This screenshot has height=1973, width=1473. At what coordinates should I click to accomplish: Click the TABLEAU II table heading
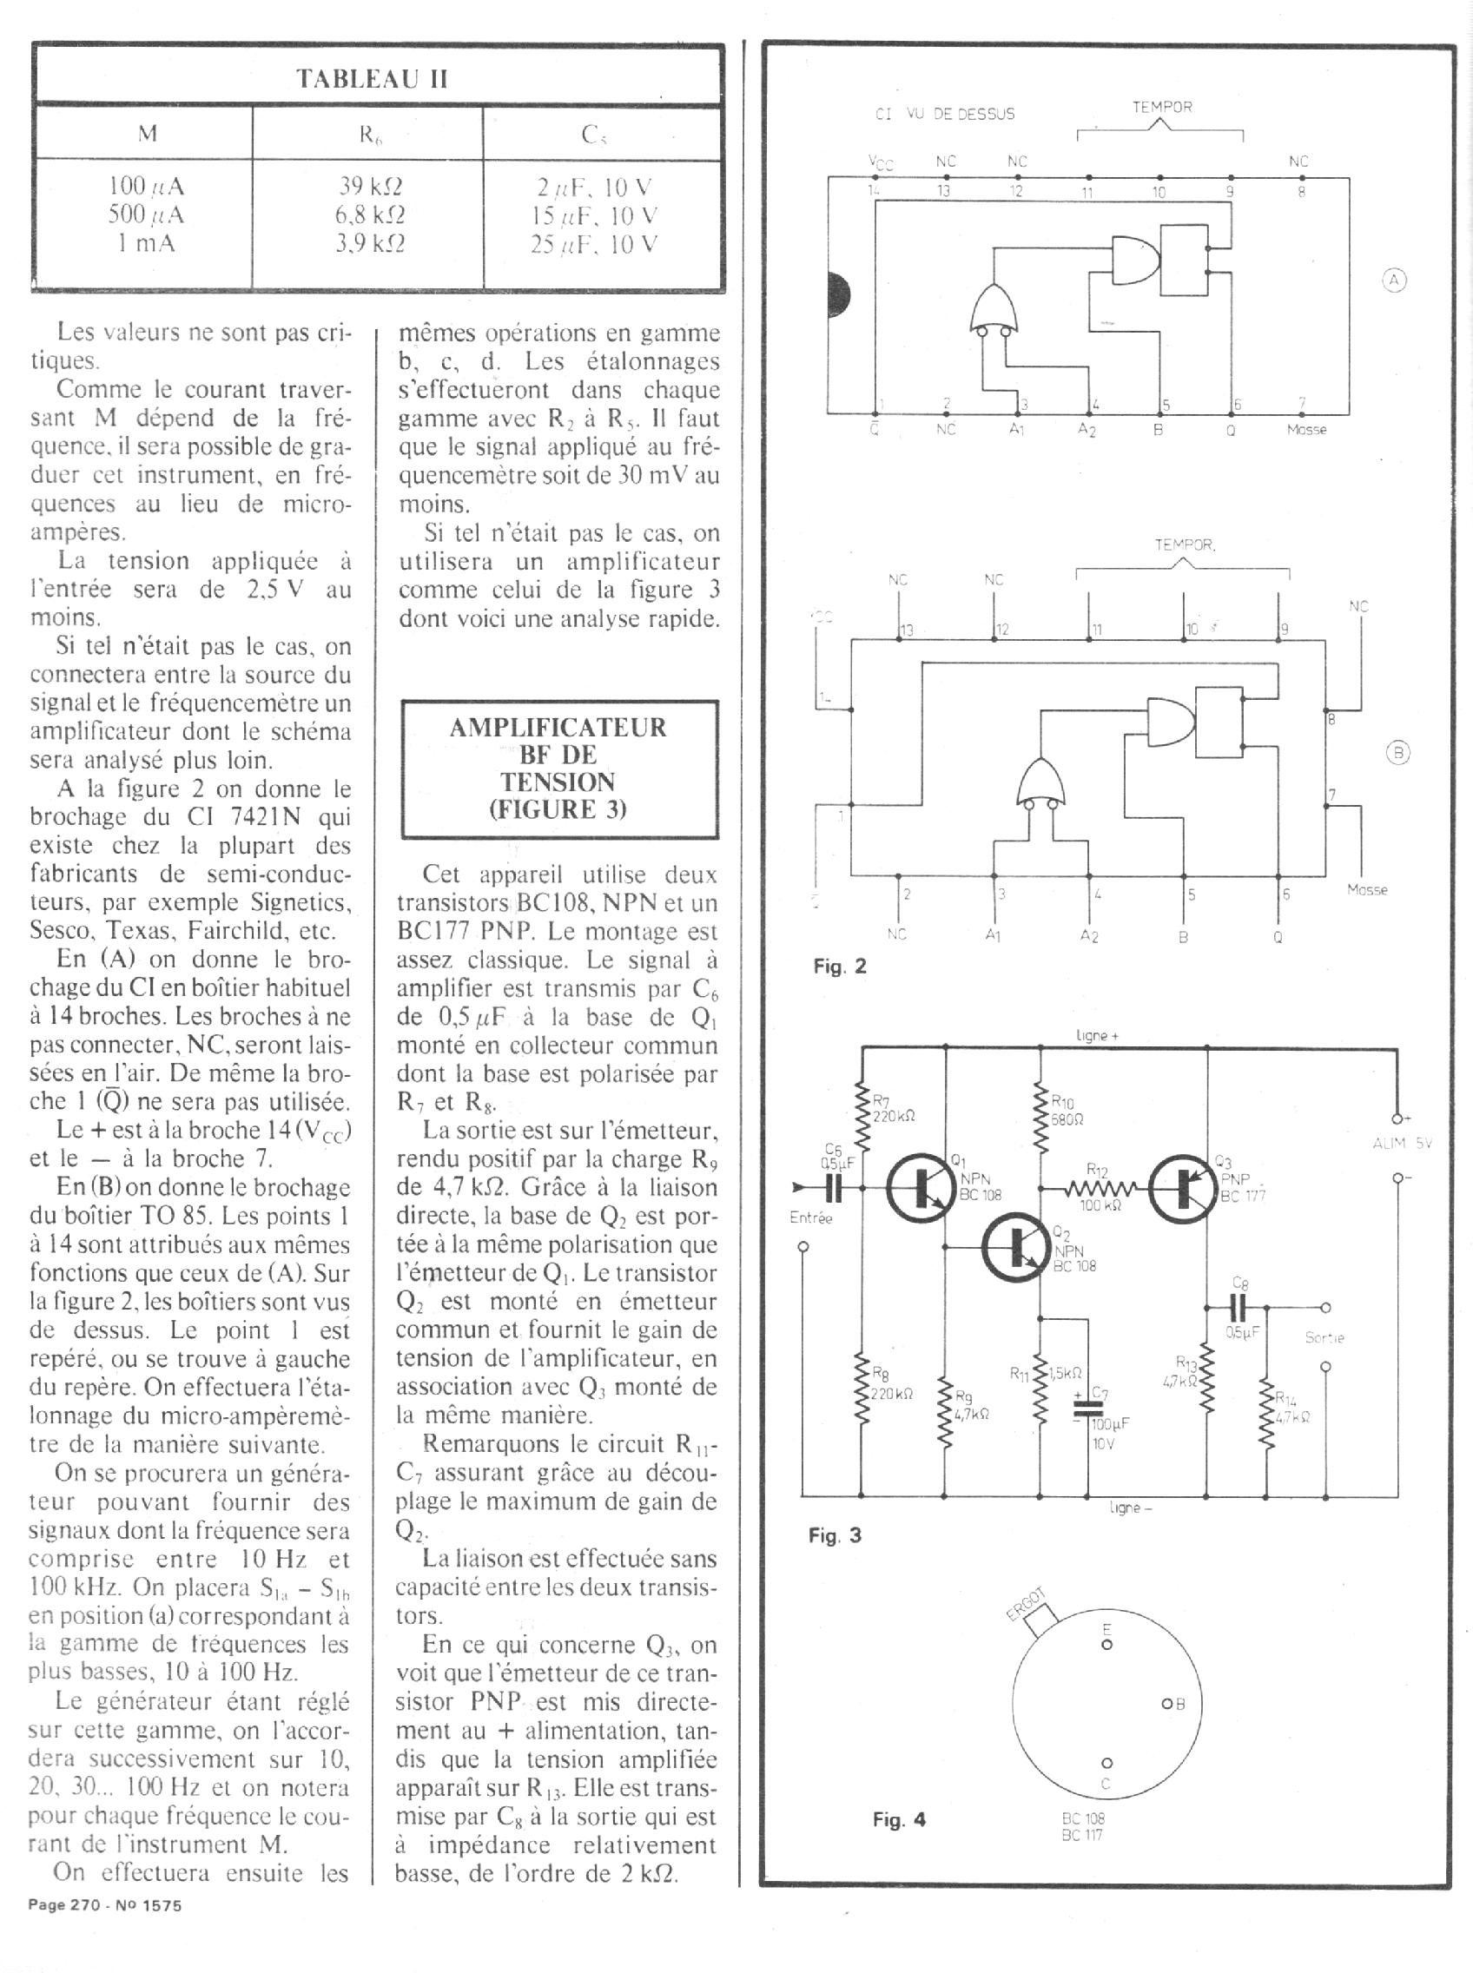point(373,79)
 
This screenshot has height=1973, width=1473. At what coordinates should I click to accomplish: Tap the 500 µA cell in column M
point(146,214)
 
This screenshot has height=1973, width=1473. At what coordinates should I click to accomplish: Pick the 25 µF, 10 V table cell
point(594,244)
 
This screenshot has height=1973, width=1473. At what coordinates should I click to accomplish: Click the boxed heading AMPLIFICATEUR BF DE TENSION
point(559,769)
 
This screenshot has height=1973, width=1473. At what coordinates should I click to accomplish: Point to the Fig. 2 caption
point(839,967)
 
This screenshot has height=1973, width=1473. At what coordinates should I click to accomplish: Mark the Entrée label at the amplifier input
point(810,1217)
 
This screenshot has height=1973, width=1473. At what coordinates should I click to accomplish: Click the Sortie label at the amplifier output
point(1324,1338)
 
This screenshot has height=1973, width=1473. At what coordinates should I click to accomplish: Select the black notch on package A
point(838,294)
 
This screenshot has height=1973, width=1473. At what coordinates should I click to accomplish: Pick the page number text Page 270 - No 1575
point(105,1905)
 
